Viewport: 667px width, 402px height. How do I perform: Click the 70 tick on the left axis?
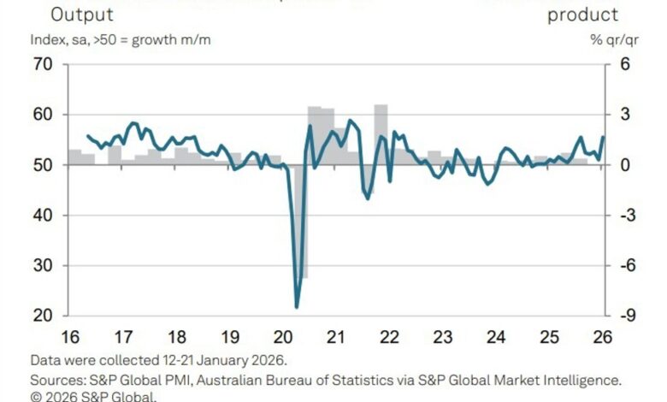43,64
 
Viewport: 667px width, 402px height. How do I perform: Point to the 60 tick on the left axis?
43,115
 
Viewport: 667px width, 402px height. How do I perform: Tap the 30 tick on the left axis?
43,266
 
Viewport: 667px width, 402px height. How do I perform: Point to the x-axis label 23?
442,336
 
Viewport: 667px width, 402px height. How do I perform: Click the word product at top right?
582,15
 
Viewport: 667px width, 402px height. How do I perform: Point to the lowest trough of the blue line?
297,306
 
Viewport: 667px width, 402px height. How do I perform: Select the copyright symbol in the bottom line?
35,396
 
